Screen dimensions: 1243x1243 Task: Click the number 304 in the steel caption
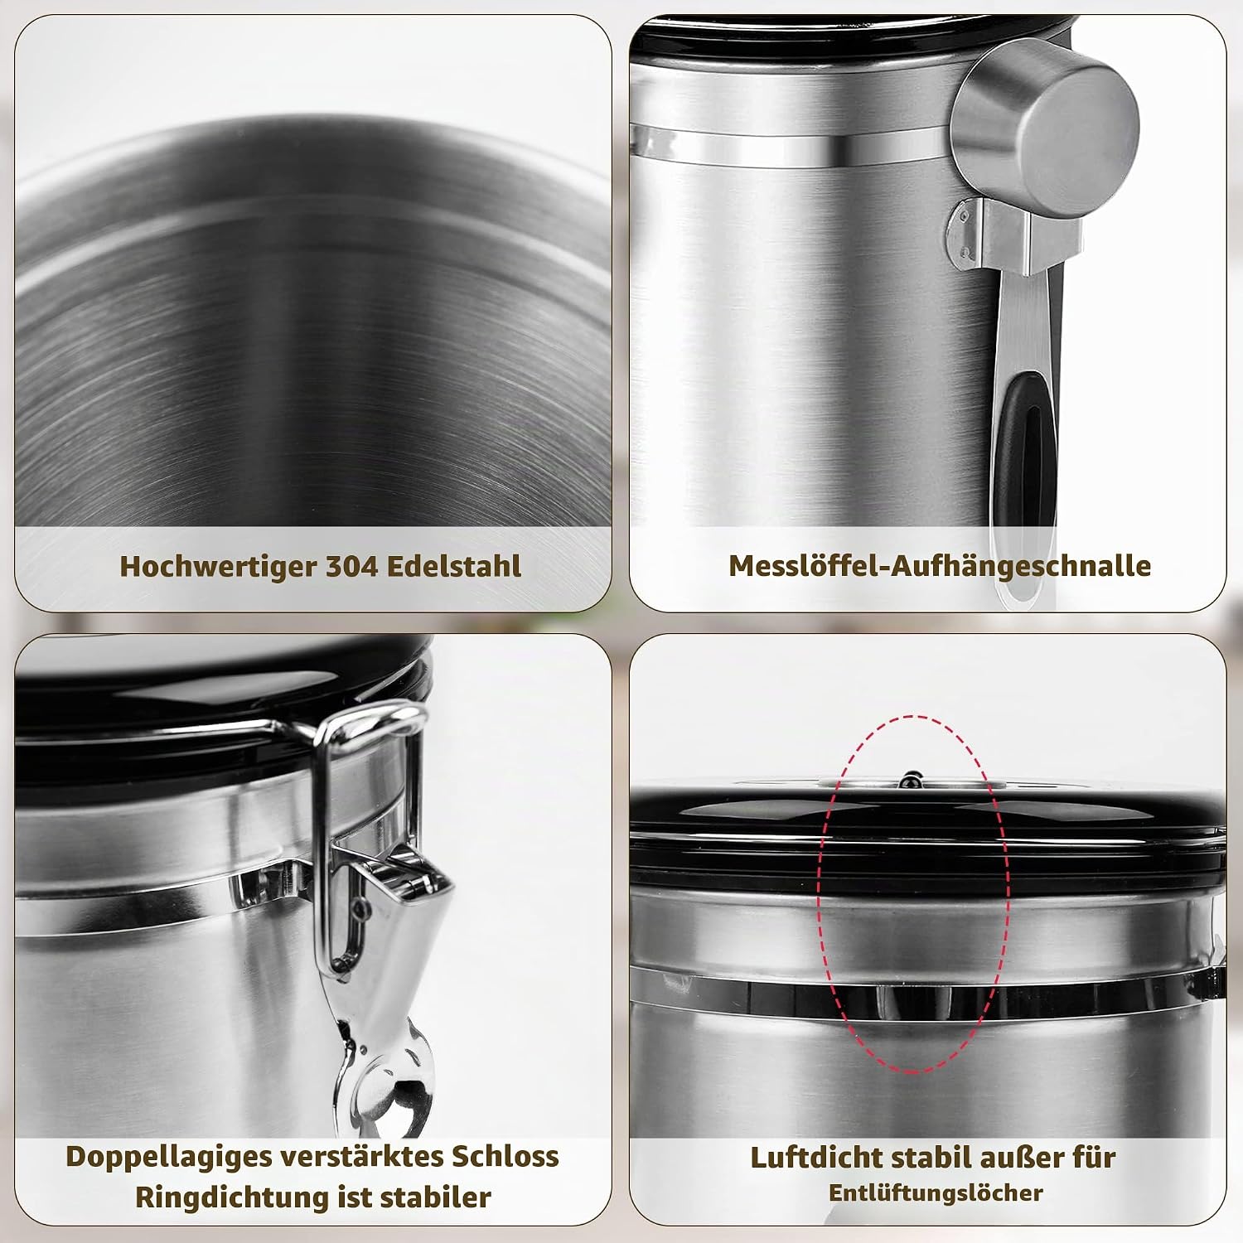click(x=351, y=566)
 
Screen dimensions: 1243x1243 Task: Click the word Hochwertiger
click(x=219, y=568)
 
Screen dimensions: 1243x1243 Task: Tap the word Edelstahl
click(x=454, y=566)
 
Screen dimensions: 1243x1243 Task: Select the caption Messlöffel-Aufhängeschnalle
click(x=940, y=566)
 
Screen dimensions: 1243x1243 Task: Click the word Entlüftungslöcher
click(x=936, y=1193)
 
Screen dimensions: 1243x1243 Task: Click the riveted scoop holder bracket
click(x=1014, y=237)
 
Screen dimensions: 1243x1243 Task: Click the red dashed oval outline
click(x=819, y=895)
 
